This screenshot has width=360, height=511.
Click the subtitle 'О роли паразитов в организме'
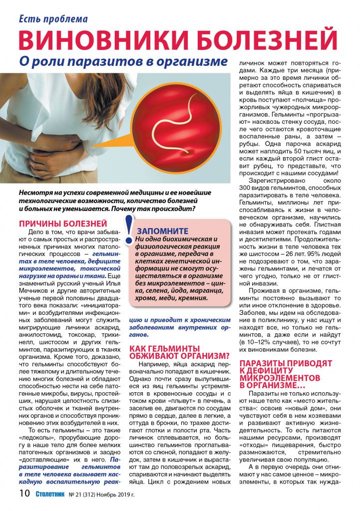point(123,62)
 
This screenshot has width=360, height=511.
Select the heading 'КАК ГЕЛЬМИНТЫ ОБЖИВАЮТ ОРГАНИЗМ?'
point(179,352)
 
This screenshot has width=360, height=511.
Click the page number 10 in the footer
point(24,495)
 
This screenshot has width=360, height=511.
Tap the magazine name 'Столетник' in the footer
point(52,495)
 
